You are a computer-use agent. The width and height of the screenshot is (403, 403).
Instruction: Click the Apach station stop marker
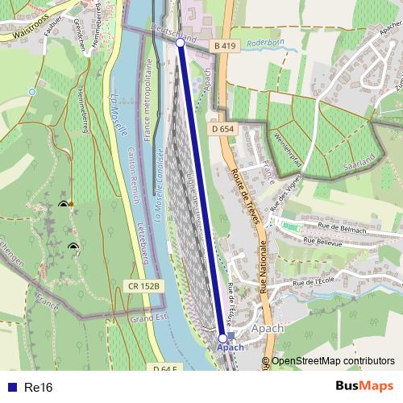(223, 339)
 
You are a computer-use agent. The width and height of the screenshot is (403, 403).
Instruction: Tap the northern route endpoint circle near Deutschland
(181, 44)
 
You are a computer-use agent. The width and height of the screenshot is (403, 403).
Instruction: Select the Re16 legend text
(38, 388)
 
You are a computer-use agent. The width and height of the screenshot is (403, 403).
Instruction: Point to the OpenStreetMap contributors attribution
(332, 361)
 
